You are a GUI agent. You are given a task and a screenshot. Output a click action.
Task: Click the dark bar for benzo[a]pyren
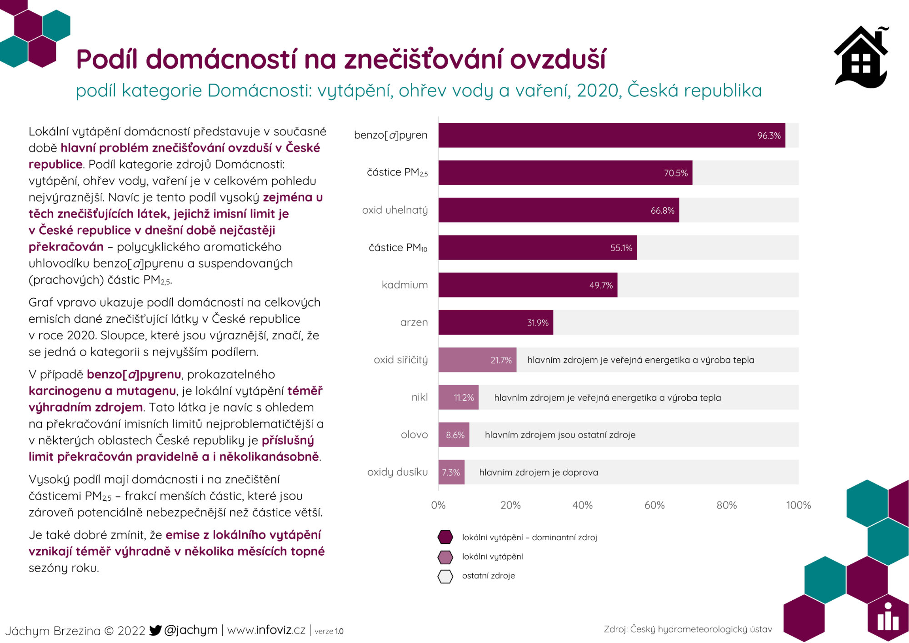tap(612, 135)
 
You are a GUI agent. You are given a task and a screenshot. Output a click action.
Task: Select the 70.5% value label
tap(676, 173)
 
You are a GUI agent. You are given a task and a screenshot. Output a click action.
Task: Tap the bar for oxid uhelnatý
tap(559, 210)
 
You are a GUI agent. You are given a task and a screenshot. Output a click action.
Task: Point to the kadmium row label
tap(405, 285)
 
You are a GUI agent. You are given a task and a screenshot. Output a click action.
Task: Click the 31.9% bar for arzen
tap(496, 322)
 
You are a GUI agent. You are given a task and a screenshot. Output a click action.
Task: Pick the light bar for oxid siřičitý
tap(477, 360)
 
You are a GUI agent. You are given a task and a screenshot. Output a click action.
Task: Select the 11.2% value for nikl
tap(464, 398)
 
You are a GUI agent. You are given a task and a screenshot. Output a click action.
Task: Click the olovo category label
tap(414, 435)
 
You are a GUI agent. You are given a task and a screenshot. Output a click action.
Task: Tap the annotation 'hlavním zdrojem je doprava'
tap(539, 472)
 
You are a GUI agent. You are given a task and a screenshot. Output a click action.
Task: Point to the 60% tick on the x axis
tap(654, 505)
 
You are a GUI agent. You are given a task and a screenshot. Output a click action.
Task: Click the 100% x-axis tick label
tap(799, 505)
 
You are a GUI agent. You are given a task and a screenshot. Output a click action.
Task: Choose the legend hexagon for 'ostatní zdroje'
tap(445, 576)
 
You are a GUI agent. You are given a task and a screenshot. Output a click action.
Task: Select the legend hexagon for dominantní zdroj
tap(445, 537)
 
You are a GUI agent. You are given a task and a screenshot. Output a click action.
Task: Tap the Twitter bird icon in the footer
tap(155, 630)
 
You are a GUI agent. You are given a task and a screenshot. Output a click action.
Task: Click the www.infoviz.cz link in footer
tap(266, 630)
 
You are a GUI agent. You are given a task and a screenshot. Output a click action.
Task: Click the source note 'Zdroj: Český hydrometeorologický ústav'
tap(688, 629)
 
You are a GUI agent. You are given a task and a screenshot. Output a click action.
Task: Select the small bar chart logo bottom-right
tap(888, 618)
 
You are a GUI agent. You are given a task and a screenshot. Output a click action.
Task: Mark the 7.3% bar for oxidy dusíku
tap(451, 472)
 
